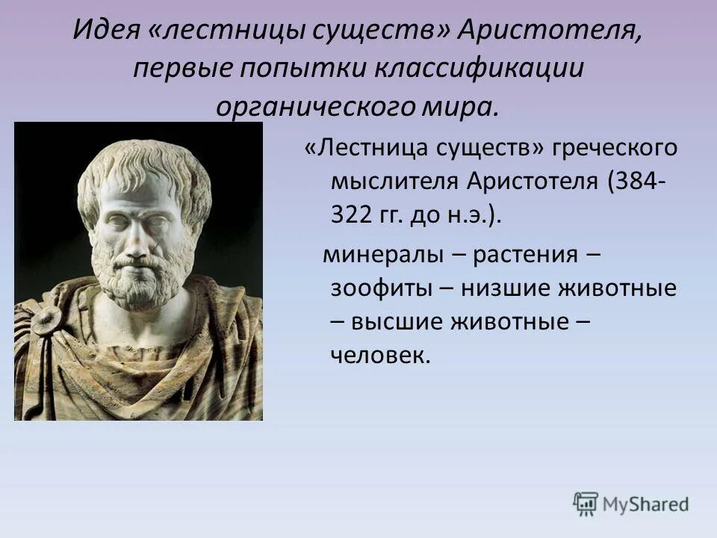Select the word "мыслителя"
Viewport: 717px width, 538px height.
396,182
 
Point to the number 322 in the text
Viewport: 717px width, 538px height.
351,216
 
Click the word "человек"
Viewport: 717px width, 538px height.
379,356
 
